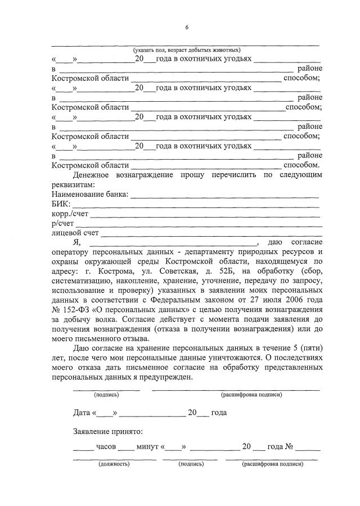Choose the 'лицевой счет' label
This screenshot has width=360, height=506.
coord(75,233)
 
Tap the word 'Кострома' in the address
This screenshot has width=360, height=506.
coord(110,272)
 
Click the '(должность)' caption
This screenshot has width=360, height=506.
coord(114,464)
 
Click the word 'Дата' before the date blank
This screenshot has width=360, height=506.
coord(82,412)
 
